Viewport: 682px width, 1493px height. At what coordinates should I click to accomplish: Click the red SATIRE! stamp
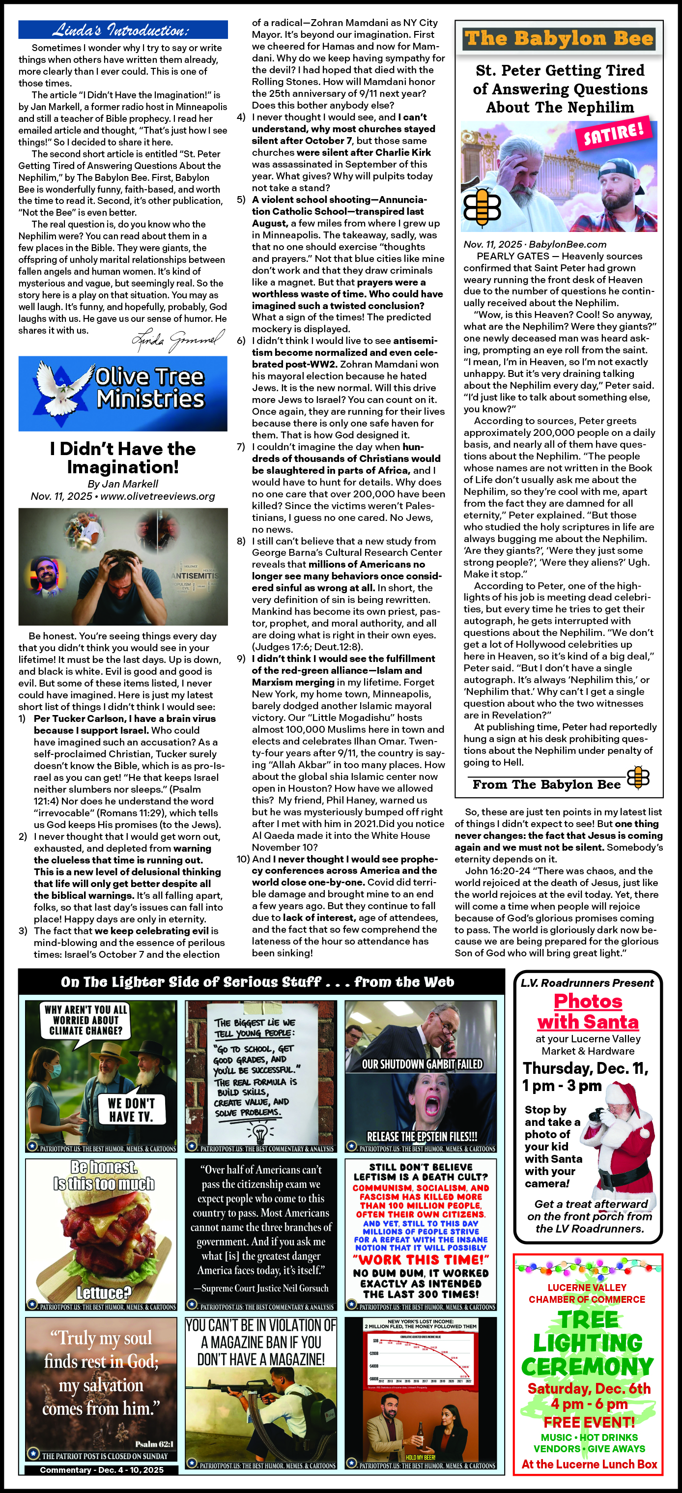click(x=614, y=133)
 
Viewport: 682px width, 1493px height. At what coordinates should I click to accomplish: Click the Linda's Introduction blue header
click(x=122, y=29)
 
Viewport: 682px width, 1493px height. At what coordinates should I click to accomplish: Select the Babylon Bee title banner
click(x=559, y=39)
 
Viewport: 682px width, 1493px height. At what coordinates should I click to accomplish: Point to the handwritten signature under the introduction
click(x=178, y=340)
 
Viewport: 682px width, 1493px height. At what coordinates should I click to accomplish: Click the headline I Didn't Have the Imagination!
click(x=123, y=458)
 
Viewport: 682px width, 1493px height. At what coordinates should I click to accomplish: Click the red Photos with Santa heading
click(x=588, y=1011)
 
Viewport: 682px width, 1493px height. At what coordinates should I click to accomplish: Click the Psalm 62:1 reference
click(x=154, y=1444)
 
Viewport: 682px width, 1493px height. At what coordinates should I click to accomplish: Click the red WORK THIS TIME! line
click(x=421, y=1260)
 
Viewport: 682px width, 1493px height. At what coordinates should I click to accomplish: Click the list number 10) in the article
click(x=243, y=859)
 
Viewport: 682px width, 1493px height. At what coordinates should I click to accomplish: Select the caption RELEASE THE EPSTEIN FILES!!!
click(x=422, y=1137)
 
